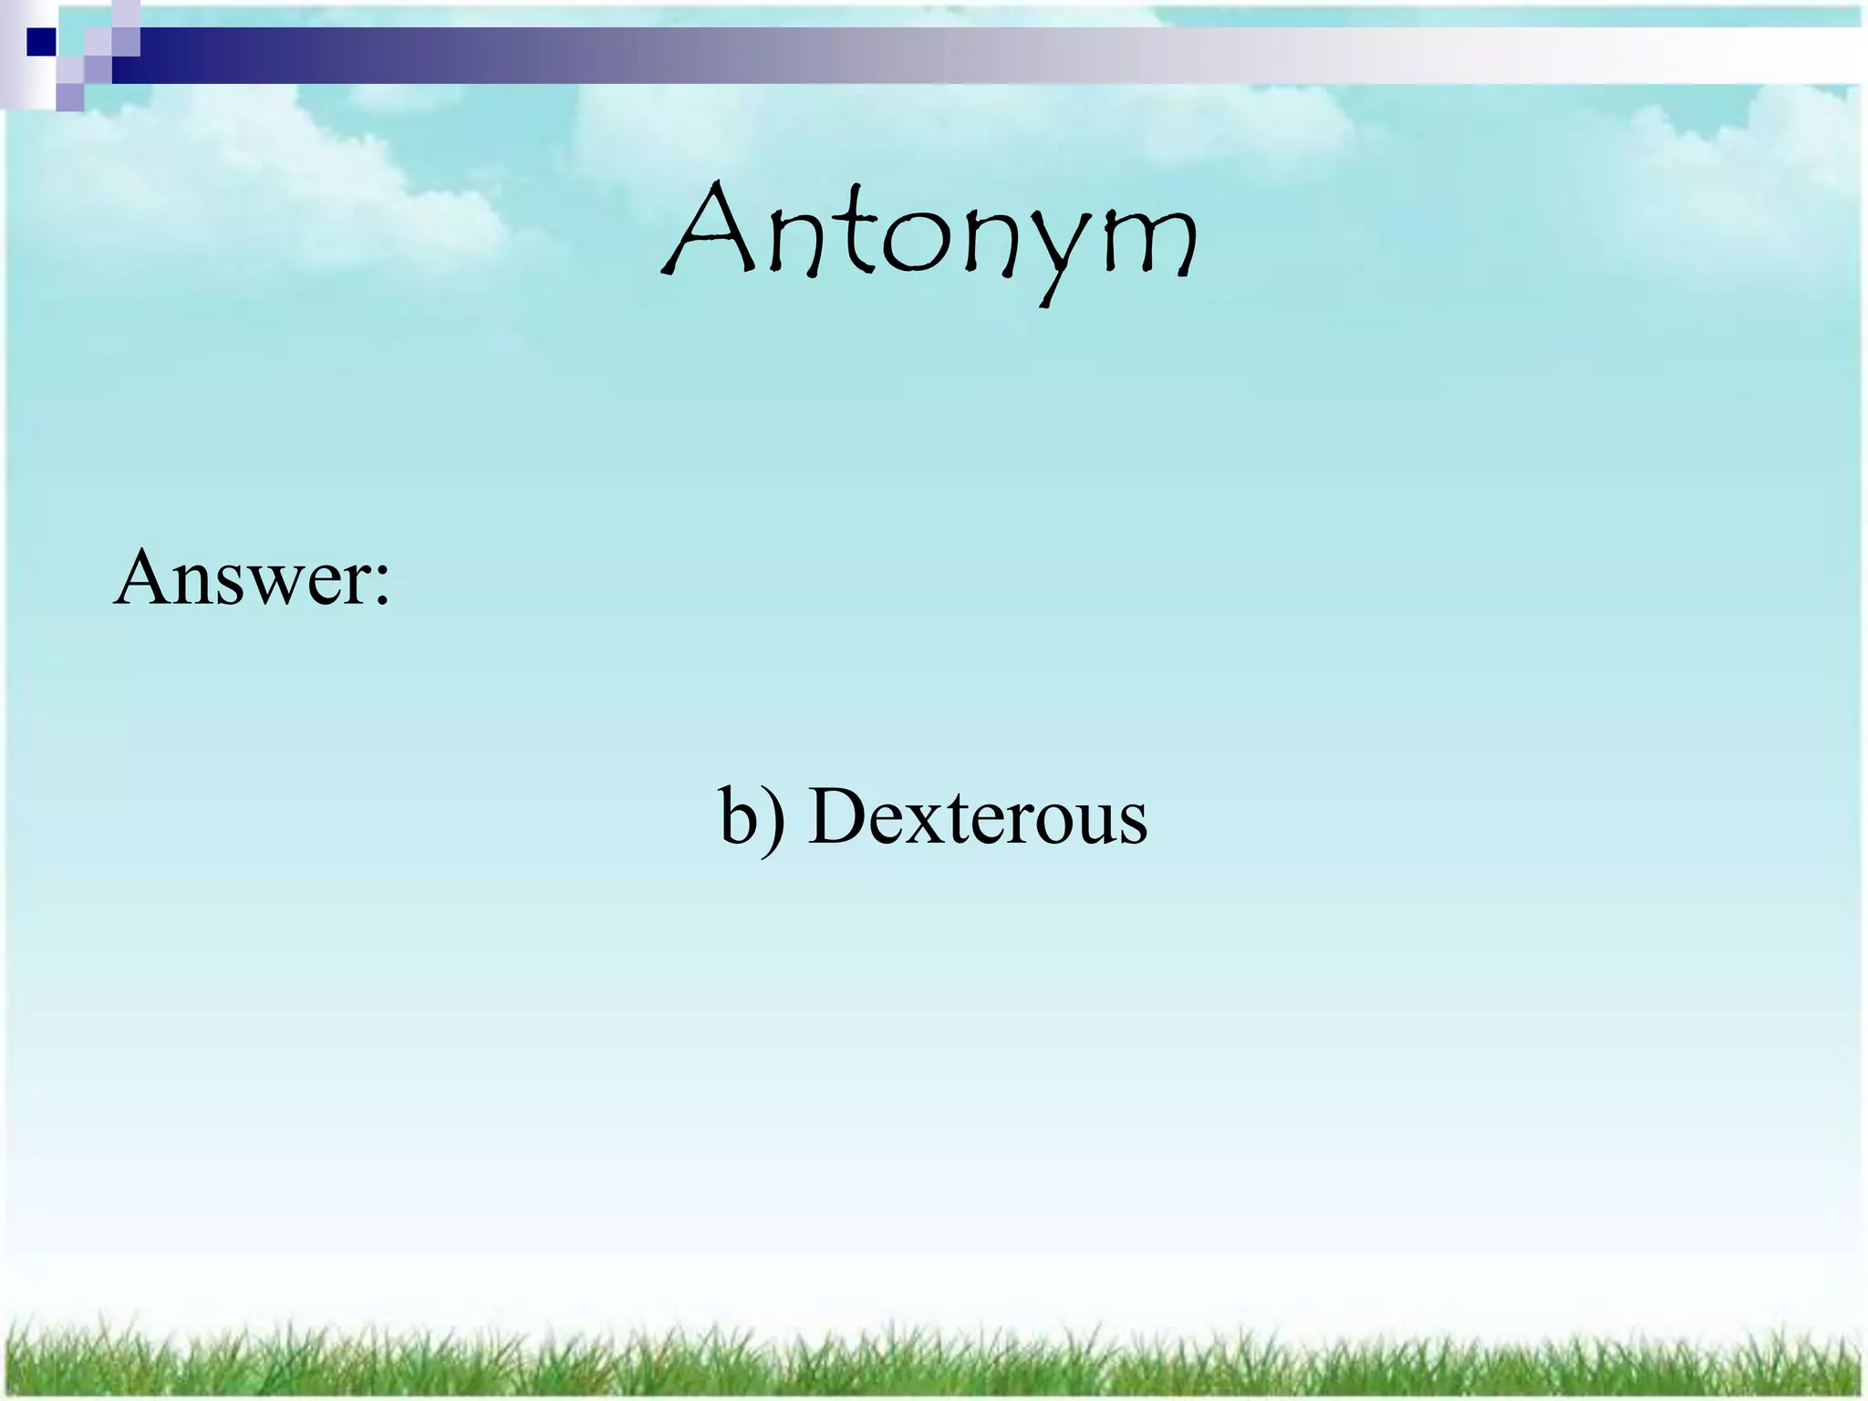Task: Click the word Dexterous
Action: tap(978, 816)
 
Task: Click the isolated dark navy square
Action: tap(41, 42)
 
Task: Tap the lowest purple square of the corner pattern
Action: tap(69, 97)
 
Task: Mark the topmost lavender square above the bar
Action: tap(128, 11)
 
